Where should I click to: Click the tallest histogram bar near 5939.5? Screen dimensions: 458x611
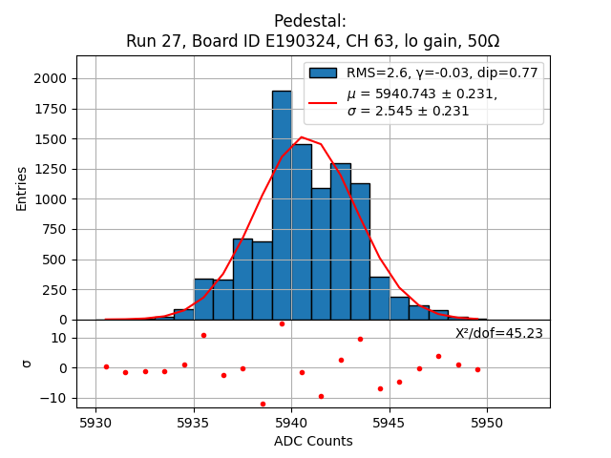(282, 205)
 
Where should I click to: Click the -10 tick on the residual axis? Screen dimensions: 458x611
(55, 398)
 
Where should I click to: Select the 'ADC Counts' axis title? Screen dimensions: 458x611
(313, 441)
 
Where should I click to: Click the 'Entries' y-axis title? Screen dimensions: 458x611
(22, 187)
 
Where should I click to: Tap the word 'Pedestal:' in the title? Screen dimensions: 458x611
(310, 21)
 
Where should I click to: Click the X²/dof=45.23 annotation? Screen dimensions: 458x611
(498, 333)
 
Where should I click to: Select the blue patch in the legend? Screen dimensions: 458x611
(323, 73)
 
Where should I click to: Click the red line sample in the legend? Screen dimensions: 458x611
(323, 102)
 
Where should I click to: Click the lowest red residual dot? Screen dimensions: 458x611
(263, 404)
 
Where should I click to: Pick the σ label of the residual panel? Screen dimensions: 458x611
(27, 364)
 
